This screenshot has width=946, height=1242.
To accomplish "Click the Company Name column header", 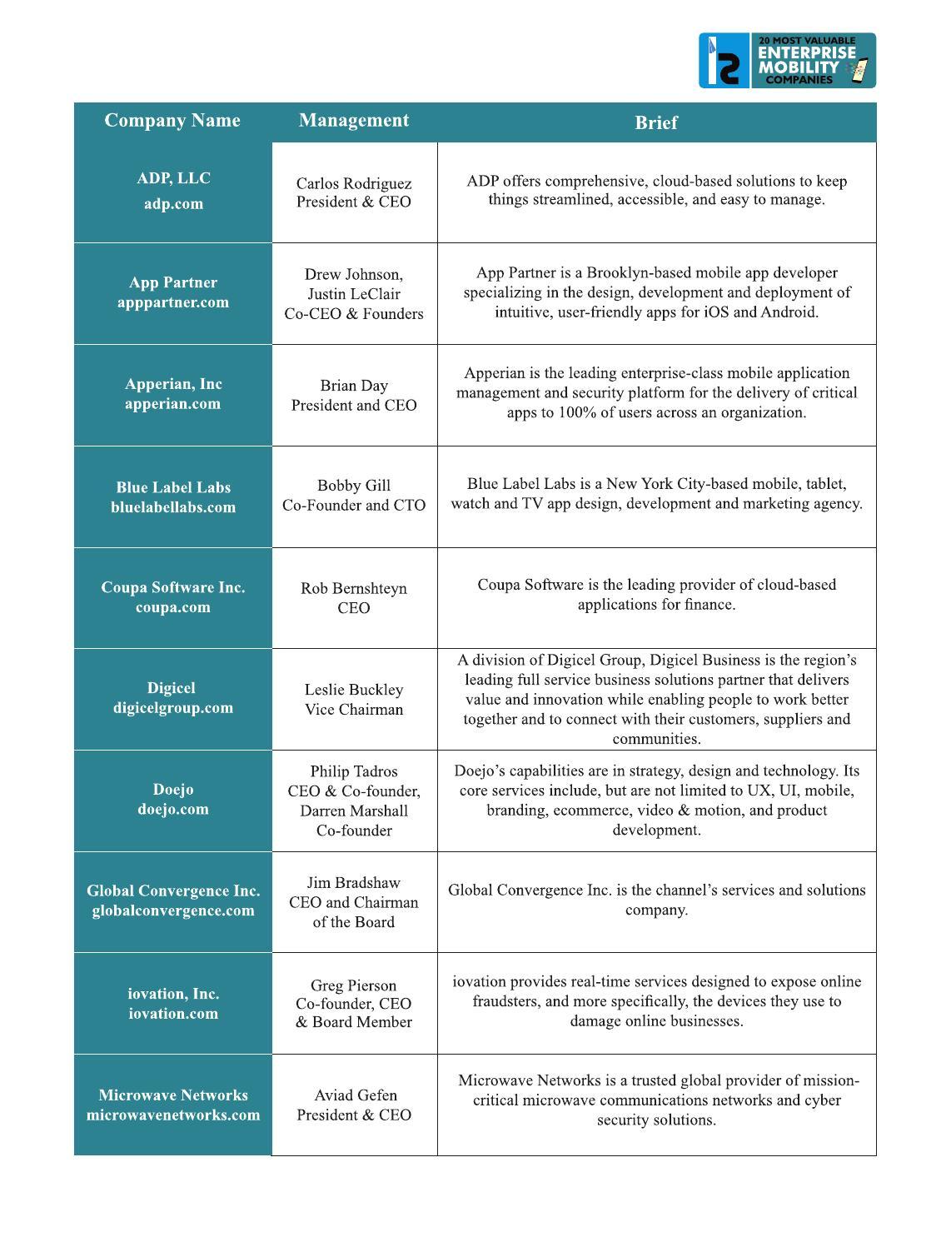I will point(172,121).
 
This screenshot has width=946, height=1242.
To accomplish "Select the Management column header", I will point(354,121).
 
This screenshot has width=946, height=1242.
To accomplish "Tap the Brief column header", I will point(656,122).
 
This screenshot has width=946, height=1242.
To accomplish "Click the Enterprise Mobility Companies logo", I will point(787,60).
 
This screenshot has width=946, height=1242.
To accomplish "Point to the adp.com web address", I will point(173,204).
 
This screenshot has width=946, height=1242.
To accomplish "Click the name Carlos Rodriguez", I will point(354,183).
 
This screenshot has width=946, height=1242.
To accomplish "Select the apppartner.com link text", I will point(173,302).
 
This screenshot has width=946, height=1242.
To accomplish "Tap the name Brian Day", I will point(354,386).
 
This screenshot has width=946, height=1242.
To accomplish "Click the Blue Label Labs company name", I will point(173,487).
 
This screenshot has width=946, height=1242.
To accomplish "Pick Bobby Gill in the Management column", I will point(354,486).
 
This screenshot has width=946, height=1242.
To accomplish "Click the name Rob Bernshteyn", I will point(354,588).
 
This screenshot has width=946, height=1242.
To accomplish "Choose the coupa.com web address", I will point(173,607).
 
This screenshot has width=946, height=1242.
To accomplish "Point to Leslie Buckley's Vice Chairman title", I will point(354,710).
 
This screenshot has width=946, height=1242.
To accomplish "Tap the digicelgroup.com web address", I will point(173,708).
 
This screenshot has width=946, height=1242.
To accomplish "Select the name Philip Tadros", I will point(354,771).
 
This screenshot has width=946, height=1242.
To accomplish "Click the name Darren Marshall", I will point(354,811).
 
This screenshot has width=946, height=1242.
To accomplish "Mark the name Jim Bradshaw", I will point(354,883).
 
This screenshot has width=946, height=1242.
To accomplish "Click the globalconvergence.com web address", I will point(173,910).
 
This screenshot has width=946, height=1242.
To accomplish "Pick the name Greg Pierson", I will point(354,985).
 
